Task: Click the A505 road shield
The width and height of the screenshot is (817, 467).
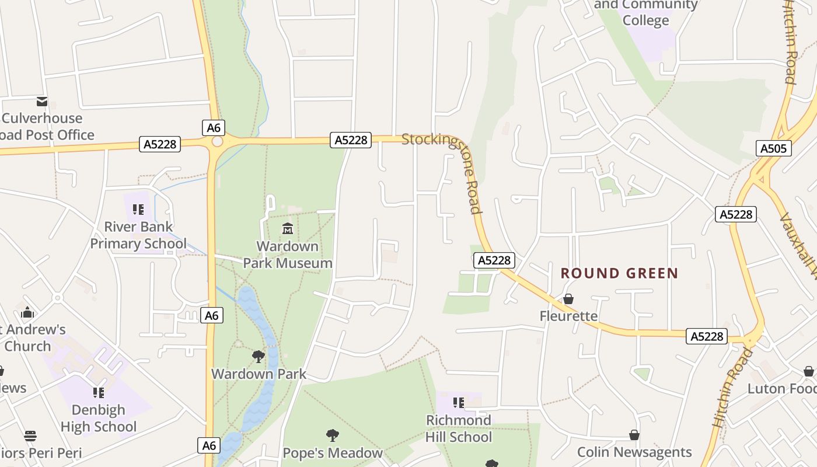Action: coord(773,148)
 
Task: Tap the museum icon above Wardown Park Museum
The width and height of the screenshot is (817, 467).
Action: coord(288,228)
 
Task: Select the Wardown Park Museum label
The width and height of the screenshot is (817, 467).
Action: coord(288,255)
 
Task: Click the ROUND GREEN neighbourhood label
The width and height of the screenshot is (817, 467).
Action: coord(619,273)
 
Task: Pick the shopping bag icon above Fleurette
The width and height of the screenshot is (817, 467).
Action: coord(568,299)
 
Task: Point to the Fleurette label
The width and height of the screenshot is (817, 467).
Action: coord(568,316)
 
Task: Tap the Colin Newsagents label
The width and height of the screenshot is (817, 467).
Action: coord(634,452)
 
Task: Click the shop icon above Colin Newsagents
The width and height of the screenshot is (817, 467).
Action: coord(634,435)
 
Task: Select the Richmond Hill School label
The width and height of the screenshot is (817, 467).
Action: coord(459,428)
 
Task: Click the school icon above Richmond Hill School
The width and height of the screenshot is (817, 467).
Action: coord(459,403)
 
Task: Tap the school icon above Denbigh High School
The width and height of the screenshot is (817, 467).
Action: coord(99,393)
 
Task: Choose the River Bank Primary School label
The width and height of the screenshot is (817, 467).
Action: coord(138,235)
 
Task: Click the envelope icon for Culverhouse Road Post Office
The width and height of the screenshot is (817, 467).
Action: coord(42,102)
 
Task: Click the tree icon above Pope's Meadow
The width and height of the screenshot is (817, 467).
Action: coord(333,435)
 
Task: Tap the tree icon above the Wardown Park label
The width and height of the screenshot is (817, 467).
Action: coord(259,356)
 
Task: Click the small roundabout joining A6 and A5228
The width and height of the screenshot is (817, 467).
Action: coord(217,141)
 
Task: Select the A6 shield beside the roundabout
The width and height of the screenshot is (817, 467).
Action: coord(213,128)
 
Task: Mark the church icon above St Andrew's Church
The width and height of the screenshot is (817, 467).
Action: coord(27,312)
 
